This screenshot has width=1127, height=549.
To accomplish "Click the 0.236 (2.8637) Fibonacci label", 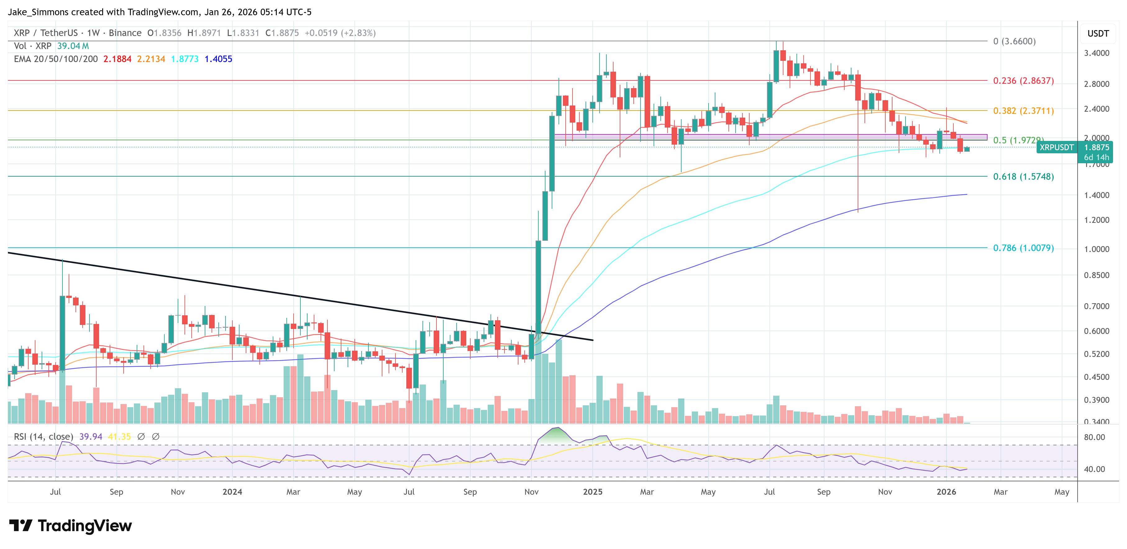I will click(x=1023, y=81).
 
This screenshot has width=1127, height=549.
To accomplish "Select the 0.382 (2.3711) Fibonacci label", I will click(x=1023, y=111).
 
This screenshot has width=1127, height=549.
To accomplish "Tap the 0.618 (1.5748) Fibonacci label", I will click(x=1023, y=177).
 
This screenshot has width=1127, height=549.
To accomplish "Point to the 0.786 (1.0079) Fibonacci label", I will click(x=1023, y=248).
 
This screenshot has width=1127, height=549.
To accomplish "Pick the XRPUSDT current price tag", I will click(x=1056, y=148).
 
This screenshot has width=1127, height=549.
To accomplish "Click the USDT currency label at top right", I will click(x=1098, y=34).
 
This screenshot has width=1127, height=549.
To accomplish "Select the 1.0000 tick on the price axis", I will click(x=1096, y=249).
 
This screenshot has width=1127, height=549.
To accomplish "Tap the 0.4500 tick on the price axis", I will click(x=1096, y=377).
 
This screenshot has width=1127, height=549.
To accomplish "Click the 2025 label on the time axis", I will click(x=592, y=492).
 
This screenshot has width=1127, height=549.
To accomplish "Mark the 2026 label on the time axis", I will click(x=946, y=492).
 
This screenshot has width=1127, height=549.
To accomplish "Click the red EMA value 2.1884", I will click(x=117, y=59).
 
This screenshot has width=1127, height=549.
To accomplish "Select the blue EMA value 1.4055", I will click(x=218, y=59).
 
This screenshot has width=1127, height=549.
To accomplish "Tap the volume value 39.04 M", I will click(x=73, y=46).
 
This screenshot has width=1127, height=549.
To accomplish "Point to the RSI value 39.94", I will click(x=91, y=437).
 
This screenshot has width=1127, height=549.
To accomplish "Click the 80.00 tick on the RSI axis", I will click(x=1094, y=437).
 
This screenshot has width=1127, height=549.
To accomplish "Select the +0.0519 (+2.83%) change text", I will click(x=340, y=33).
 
